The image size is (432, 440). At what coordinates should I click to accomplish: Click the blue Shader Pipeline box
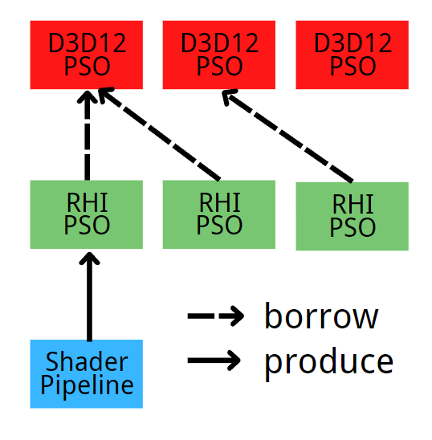click(87, 373)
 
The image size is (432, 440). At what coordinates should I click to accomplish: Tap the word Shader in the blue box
click(87, 362)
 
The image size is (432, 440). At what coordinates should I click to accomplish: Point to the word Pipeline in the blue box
click(87, 385)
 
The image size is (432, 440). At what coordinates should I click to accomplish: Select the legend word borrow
click(321, 316)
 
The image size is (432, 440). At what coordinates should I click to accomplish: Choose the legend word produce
click(329, 362)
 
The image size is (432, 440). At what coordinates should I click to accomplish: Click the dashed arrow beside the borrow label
click(215, 317)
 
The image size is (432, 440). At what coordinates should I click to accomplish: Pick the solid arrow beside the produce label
click(215, 361)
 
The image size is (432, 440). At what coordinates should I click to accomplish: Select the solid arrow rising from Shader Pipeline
click(88, 297)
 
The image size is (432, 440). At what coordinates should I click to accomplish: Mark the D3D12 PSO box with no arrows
click(352, 55)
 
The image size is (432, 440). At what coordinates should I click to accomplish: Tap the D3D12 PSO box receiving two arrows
click(87, 55)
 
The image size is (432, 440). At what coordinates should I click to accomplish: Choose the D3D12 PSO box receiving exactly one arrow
click(218, 55)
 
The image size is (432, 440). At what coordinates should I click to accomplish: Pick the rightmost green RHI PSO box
click(352, 216)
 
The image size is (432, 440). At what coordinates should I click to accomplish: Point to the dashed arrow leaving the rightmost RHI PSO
click(289, 136)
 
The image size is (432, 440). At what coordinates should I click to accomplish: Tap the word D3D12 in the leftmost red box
click(87, 43)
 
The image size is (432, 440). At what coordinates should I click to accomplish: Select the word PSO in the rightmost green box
click(352, 227)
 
